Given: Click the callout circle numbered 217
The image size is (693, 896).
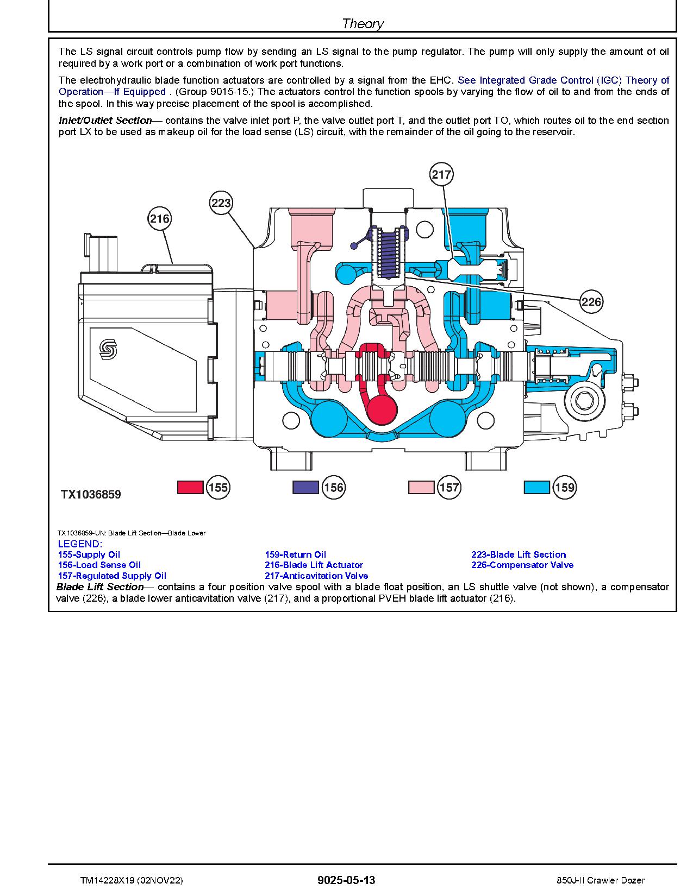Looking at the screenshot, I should point(441,174).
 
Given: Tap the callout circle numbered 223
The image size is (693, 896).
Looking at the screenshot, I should point(221,203).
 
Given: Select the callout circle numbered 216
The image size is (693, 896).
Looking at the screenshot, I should point(159,219).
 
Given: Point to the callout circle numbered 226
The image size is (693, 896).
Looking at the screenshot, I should point(591,301).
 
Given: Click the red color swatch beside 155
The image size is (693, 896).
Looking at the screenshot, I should point(190,487).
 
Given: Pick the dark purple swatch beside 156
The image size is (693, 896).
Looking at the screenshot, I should point(305,487).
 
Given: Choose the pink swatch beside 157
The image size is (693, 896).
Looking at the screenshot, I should point(421,487).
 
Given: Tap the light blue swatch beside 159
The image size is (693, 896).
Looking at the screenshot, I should point(536,487).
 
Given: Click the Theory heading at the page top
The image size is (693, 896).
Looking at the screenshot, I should point(363,23).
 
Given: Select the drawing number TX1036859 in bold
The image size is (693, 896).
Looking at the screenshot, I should point(91,495).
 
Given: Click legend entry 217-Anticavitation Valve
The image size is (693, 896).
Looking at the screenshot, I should point(316,576).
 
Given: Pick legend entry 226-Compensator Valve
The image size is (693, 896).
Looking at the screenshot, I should point(522,565).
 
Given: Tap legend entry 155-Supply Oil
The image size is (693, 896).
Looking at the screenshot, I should point(89,554).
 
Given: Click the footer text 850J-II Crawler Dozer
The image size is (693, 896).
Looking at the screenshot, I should point(601,881).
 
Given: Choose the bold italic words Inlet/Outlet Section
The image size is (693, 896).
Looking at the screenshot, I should point(105,121).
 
